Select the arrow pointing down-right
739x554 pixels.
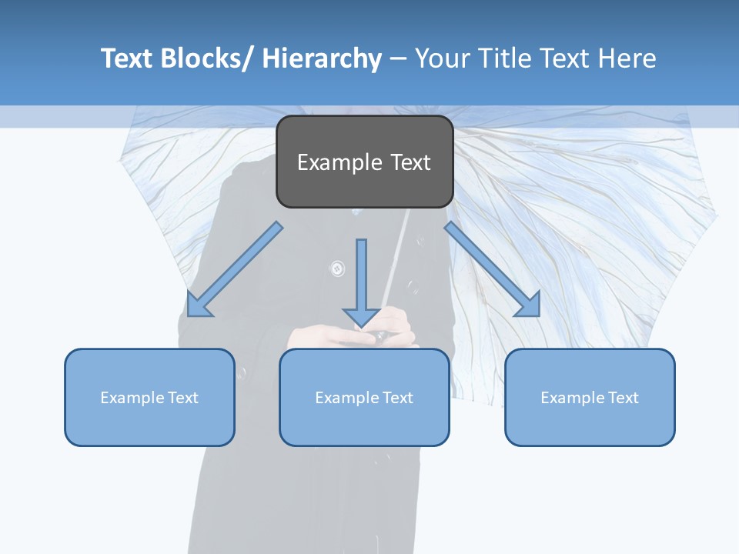(493, 269)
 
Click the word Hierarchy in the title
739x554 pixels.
(322, 58)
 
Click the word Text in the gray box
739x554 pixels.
(410, 163)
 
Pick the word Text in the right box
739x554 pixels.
(623, 398)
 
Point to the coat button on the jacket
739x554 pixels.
(337, 269)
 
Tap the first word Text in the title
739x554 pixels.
(128, 58)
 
